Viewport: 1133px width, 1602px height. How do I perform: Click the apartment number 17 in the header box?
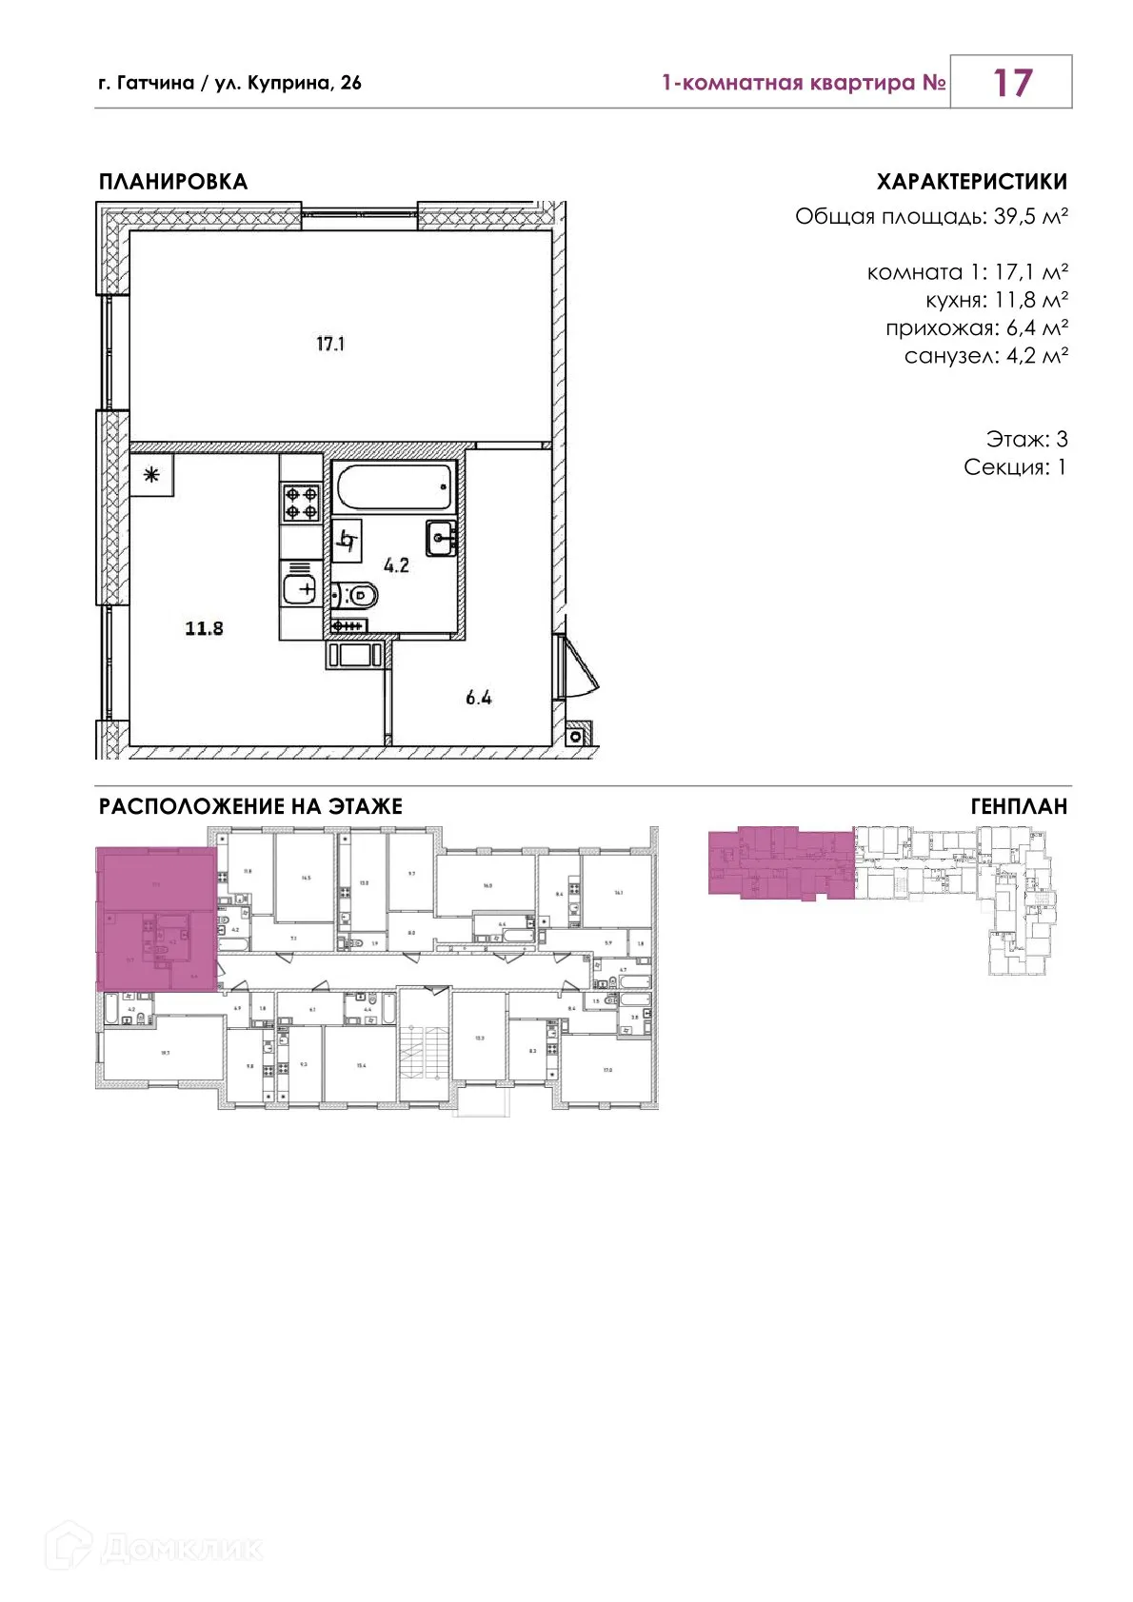tap(1011, 83)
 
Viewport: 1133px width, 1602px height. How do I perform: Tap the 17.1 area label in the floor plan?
tap(330, 344)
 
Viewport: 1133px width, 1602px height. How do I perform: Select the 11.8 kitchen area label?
tap(204, 628)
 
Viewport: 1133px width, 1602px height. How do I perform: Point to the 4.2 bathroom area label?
tap(396, 565)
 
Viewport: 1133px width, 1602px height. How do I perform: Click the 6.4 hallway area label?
tap(478, 698)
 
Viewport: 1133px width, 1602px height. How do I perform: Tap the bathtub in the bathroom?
tap(394, 486)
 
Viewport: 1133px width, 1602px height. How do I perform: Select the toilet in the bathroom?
tap(355, 596)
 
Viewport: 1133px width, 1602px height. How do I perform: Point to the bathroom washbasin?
tap(441, 538)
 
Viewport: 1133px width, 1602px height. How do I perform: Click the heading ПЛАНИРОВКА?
tap(173, 182)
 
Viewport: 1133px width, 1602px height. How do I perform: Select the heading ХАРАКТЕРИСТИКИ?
tap(971, 182)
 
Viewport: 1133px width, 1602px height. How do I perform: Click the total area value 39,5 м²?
tap(1030, 217)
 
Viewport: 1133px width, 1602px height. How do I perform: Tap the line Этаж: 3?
tap(1026, 439)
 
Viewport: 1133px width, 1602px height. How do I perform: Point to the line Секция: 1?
tap(1015, 467)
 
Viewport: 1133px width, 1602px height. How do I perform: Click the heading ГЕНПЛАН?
tap(1019, 807)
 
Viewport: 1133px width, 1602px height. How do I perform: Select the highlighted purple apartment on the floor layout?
tap(156, 919)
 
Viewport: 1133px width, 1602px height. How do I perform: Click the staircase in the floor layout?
tap(424, 1047)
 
